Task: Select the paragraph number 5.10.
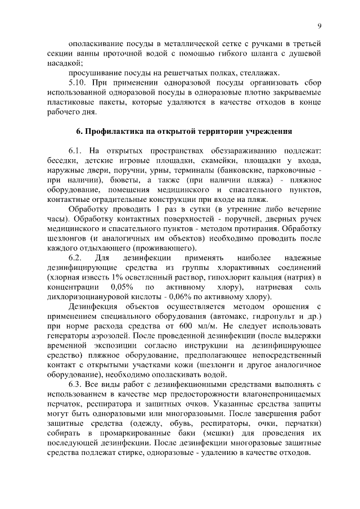(x=78, y=82)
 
